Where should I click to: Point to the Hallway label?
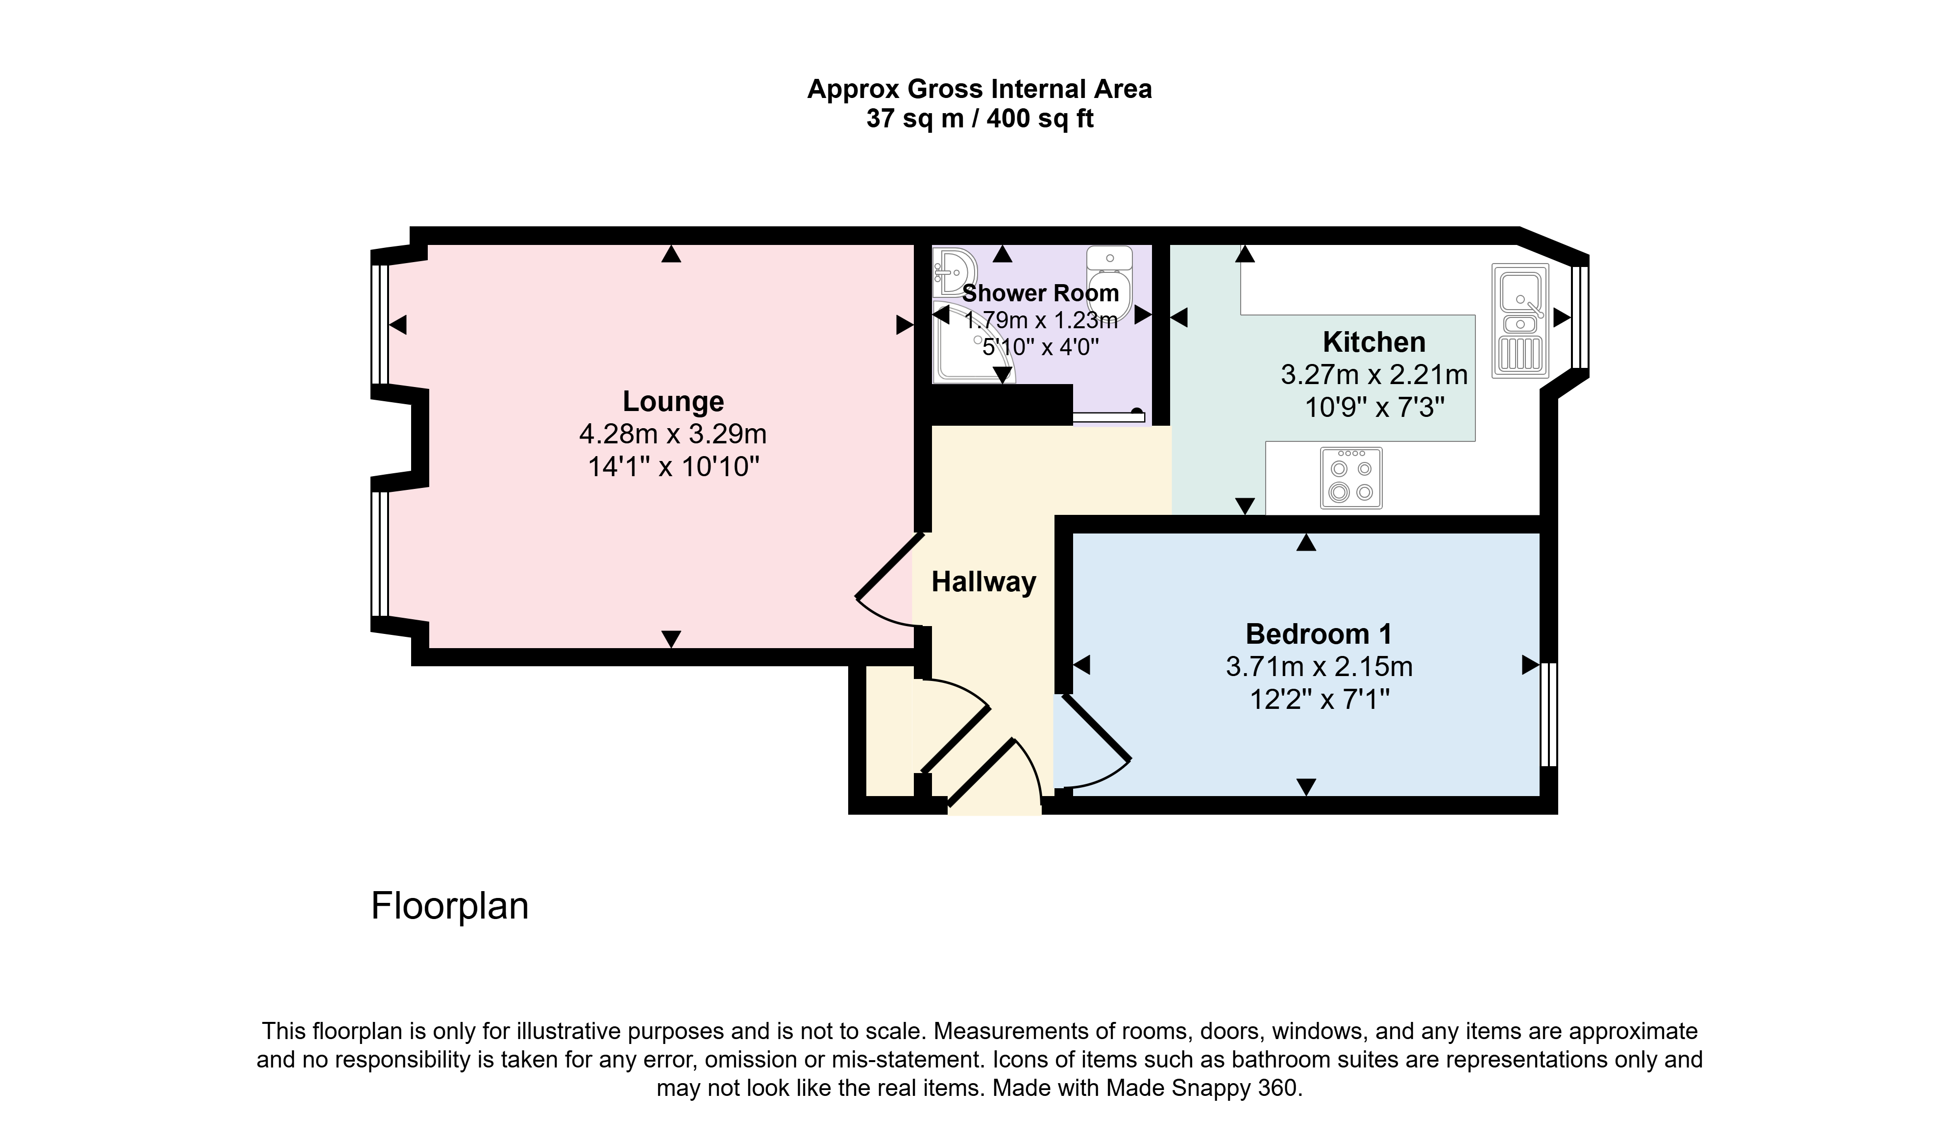point(984,582)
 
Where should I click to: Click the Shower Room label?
point(1041,293)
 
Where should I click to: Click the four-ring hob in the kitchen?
point(1351,478)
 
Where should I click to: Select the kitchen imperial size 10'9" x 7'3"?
point(1374,407)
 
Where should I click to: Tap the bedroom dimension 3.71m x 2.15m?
point(1319,666)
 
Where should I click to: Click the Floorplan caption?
point(449,906)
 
